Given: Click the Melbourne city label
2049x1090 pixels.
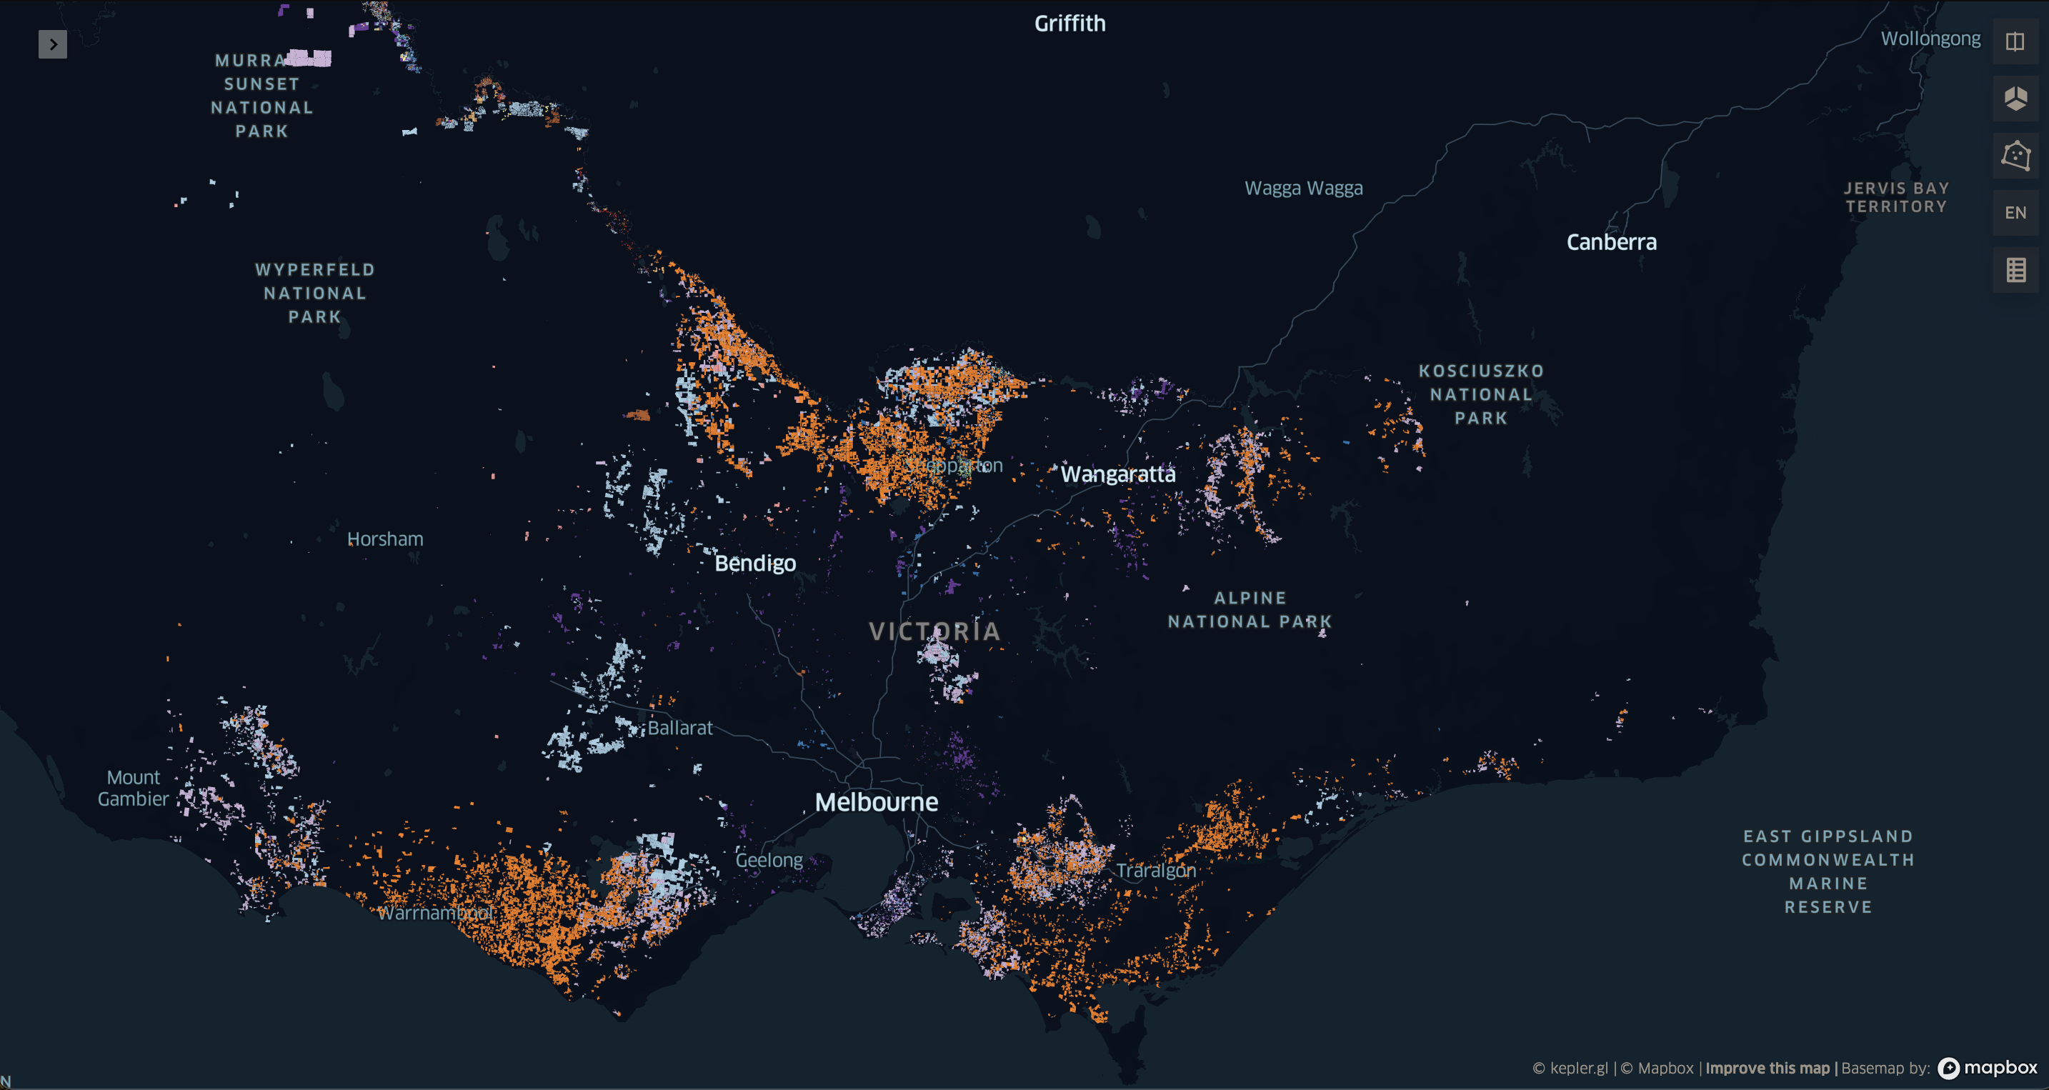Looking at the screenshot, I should (x=876, y=801).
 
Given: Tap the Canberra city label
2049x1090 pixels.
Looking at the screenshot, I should (x=1611, y=241).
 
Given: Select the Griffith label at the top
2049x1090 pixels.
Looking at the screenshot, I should (x=1069, y=23).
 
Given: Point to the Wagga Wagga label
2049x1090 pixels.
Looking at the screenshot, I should (x=1303, y=188).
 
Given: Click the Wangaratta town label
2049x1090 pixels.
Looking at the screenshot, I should (x=1117, y=474).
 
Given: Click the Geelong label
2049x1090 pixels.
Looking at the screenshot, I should (x=769, y=859).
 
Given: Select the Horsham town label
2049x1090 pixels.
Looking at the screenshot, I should (x=385, y=539).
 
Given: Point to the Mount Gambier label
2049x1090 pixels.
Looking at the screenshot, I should (x=133, y=788).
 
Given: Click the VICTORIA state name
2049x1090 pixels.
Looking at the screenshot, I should (x=934, y=631).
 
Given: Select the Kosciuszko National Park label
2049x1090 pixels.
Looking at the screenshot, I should (x=1480, y=394).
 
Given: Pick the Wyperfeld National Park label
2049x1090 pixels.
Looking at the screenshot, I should (x=315, y=293).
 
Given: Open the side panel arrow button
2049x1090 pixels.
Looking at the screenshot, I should (x=52, y=44).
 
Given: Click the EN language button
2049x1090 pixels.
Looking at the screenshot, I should (x=2015, y=212).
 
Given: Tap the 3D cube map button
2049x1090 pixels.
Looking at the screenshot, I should (x=2015, y=99).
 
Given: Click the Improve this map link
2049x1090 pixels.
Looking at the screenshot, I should (x=1767, y=1068).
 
